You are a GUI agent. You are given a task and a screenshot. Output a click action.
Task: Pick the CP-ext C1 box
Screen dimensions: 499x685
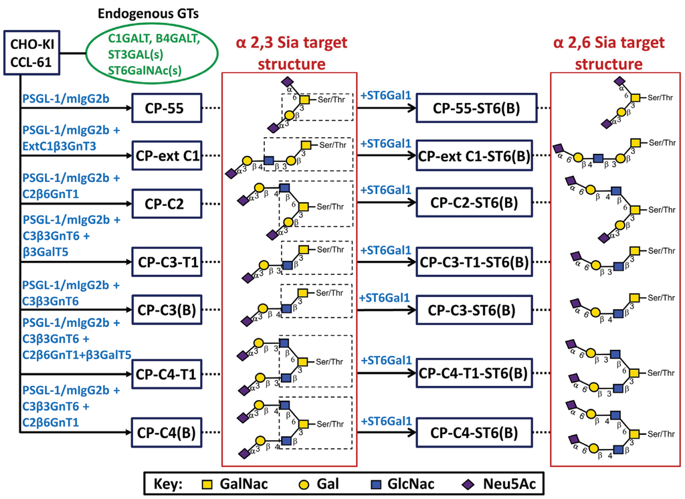click(167, 156)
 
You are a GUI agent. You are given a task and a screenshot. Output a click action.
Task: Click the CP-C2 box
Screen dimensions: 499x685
click(167, 203)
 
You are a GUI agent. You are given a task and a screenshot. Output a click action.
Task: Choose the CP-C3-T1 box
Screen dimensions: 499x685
click(167, 263)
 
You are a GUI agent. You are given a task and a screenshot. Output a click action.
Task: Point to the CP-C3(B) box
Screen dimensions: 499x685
click(167, 310)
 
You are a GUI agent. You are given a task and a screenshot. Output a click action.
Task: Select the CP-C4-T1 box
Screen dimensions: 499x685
click(167, 373)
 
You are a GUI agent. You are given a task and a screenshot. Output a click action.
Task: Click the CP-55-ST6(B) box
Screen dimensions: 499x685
click(474, 108)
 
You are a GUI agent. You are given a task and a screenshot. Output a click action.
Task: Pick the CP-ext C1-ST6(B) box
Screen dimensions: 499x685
click(474, 156)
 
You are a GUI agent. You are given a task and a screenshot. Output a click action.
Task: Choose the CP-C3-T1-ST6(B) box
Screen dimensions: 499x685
click(474, 263)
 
